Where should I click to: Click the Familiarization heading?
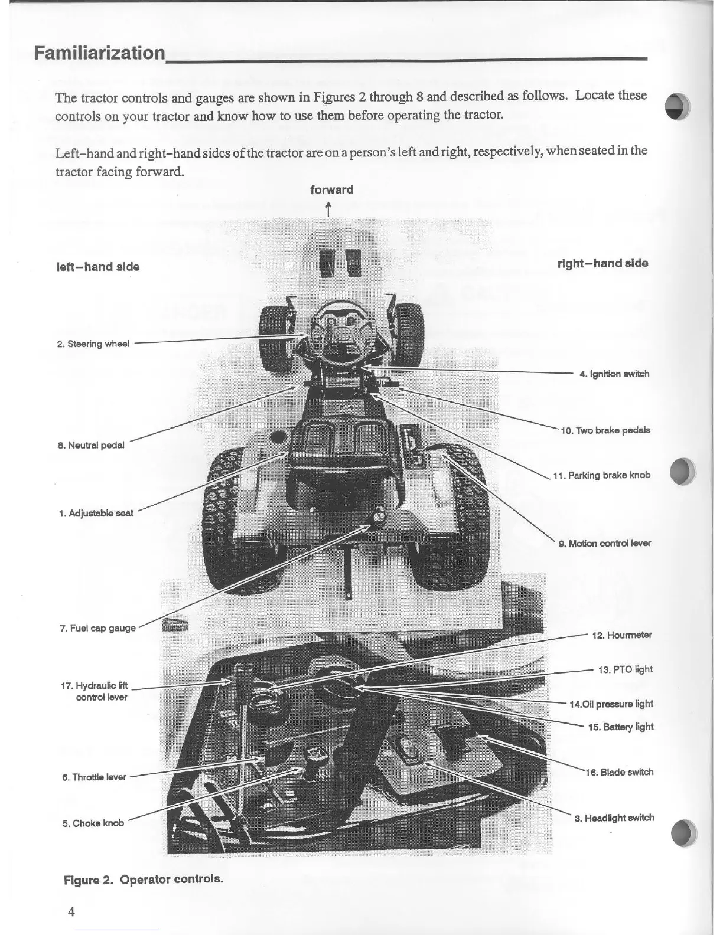[99, 54]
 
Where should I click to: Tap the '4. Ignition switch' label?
[614, 374]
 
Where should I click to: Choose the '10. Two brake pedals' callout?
[605, 430]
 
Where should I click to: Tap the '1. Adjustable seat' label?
[96, 513]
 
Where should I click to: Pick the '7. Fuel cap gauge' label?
[97, 628]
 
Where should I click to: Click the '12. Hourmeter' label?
[621, 635]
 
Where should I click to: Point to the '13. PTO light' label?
[625, 669]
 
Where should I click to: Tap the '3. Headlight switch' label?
[614, 818]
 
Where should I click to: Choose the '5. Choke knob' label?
[93, 823]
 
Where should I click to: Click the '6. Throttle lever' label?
[94, 777]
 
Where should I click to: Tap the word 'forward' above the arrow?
[331, 190]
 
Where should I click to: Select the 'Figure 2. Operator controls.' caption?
[144, 879]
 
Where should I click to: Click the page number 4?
[71, 911]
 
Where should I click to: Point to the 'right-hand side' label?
[602, 263]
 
